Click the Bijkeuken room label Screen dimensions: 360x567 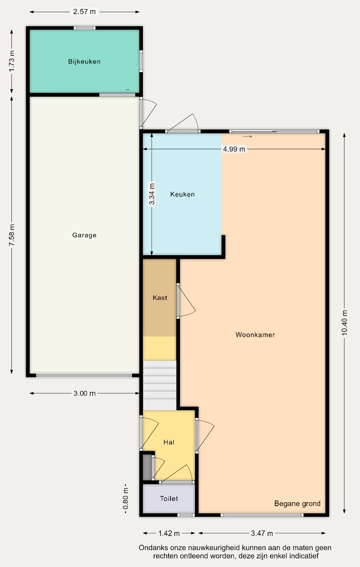pos(84,61)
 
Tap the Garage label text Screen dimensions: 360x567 pos(84,235)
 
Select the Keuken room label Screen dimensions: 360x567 pos(183,194)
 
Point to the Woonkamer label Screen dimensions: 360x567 pos(255,335)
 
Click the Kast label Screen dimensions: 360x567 pos(160,297)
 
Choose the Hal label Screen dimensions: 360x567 pos(169,442)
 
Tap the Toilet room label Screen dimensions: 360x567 pos(169,498)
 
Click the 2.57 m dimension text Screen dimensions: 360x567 pos(85,11)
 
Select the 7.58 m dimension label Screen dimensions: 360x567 pos(12,236)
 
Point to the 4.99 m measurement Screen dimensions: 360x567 pos(234,149)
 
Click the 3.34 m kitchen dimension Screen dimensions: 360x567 pos(152,194)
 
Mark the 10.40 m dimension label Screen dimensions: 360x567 pos(345,323)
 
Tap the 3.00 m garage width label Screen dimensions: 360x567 pos(85,393)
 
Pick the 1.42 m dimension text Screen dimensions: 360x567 pos(169,533)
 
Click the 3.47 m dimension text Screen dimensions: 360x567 pos(262,533)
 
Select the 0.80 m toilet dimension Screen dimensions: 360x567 pos(126,498)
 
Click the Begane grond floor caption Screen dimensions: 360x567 pos(298,504)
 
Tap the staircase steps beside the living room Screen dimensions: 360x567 pos(160,385)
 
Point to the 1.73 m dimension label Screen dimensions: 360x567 pos(12,61)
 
